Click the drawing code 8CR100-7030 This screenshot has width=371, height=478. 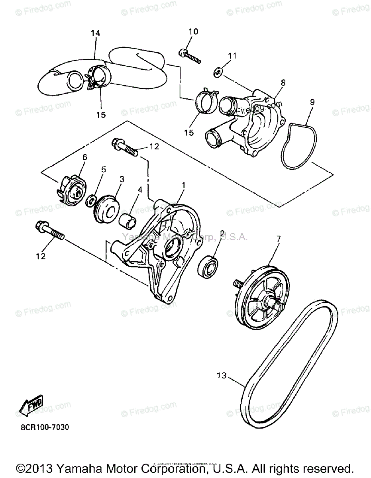(45, 428)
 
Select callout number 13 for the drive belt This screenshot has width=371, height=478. (222, 375)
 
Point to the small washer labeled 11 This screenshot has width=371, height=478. (218, 72)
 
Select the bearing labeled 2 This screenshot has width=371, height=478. (209, 266)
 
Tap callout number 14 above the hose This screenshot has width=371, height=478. (95, 33)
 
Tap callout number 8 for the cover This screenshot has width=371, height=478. (283, 82)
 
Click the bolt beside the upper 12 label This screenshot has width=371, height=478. (125, 147)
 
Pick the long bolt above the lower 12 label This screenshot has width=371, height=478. (50, 232)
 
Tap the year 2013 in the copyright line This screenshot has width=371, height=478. (40, 468)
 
